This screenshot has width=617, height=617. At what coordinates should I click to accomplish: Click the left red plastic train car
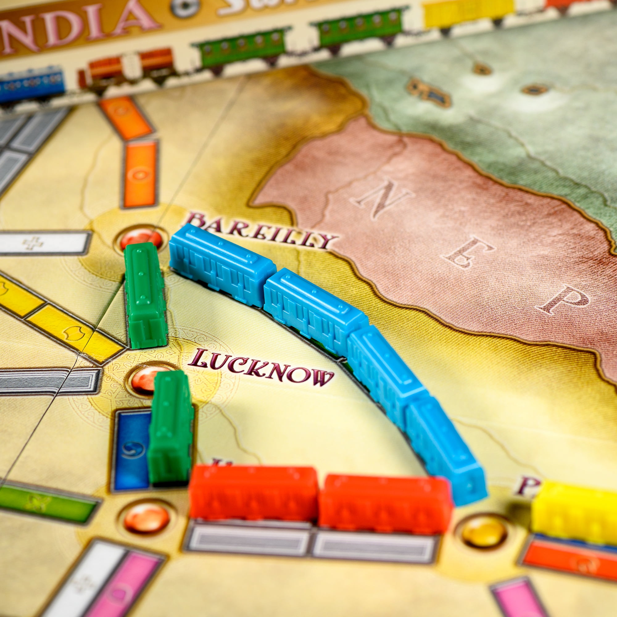click(x=254, y=493)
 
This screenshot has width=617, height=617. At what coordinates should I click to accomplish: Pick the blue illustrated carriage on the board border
click(x=30, y=85)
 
